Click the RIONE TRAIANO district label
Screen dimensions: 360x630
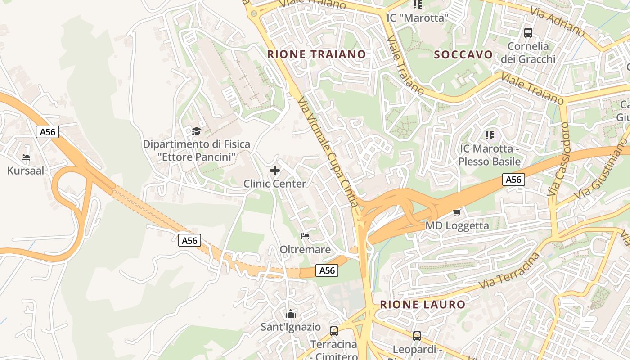click(316, 54)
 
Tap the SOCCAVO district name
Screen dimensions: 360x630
click(463, 55)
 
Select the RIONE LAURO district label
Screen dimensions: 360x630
click(423, 304)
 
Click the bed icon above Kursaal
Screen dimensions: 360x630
click(26, 157)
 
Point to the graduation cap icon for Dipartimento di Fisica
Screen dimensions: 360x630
click(196, 131)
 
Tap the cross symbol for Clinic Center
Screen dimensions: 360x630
click(274, 171)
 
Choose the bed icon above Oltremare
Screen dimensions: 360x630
click(305, 236)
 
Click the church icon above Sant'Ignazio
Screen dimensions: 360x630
click(291, 314)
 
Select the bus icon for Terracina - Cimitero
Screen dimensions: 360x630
click(334, 331)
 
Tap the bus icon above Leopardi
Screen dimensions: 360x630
click(417, 336)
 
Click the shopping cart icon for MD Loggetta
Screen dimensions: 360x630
click(457, 212)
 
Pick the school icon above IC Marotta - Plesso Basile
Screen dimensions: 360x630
click(490, 135)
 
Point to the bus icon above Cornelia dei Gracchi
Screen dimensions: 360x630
click(528, 32)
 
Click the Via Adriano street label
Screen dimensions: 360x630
click(558, 22)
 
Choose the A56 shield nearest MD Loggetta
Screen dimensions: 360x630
click(513, 180)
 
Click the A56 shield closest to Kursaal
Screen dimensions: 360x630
click(47, 132)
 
